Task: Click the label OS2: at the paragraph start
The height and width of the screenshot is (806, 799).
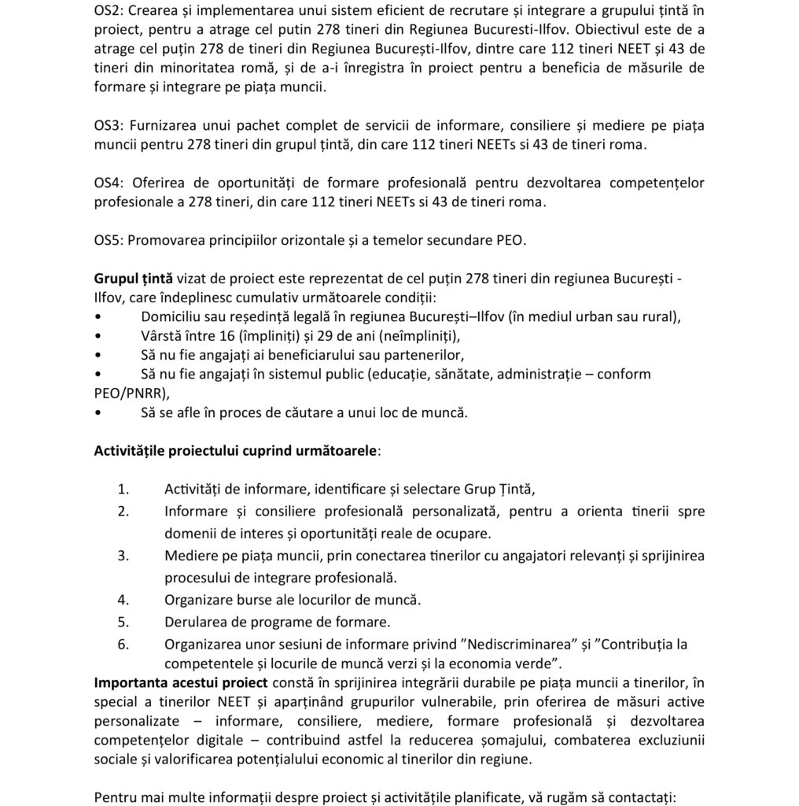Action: coord(109,10)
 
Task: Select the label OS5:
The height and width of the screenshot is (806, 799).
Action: coord(109,240)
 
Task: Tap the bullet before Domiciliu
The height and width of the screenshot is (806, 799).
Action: coord(97,317)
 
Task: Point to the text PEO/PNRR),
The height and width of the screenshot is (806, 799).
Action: coord(131,393)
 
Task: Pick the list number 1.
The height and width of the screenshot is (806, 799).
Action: coord(123,490)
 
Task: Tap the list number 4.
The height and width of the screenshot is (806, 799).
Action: coord(123,600)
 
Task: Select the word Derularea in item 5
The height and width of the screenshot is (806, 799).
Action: coord(195,622)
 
